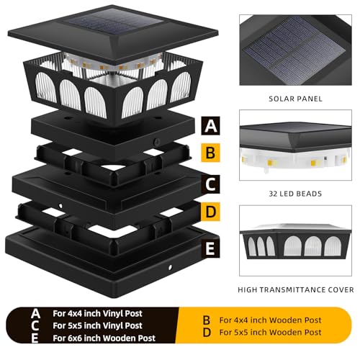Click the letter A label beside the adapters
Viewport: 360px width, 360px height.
point(210,126)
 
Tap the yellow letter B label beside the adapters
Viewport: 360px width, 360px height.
point(210,153)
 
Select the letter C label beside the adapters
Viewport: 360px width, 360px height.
point(210,184)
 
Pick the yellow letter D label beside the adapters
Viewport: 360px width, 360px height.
point(210,212)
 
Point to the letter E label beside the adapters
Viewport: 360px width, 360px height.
point(210,249)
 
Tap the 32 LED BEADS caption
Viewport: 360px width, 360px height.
point(295,193)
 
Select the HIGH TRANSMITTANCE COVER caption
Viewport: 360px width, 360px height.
point(295,289)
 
